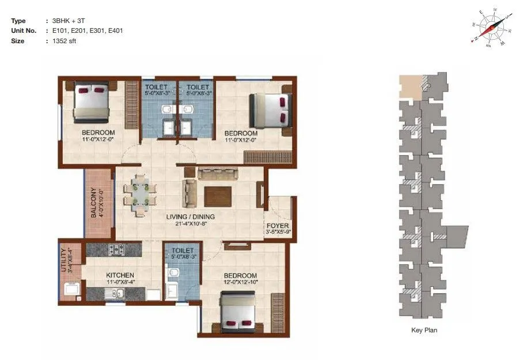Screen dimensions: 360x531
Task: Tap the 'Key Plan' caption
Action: (424, 331)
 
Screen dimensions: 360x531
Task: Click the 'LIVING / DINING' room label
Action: (191, 217)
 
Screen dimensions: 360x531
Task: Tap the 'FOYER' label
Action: (278, 226)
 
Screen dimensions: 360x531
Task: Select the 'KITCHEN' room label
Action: (120, 275)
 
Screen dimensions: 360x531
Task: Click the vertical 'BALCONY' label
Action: (93, 203)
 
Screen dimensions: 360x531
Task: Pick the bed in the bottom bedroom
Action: (238, 312)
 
